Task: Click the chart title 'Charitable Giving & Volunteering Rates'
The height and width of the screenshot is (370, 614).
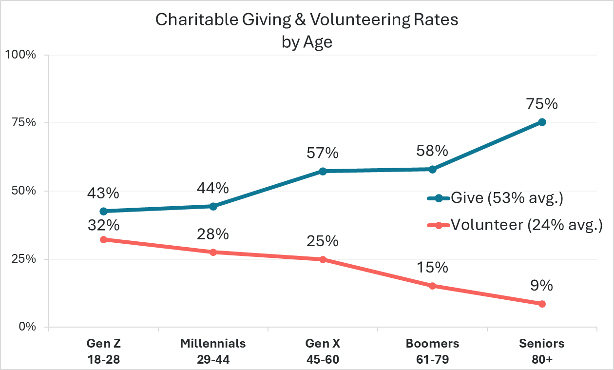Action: coord(307,20)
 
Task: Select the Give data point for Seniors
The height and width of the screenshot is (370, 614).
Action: coord(542,122)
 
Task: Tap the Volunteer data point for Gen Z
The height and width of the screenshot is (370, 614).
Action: coord(103,239)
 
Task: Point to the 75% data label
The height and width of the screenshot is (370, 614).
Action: coord(542,105)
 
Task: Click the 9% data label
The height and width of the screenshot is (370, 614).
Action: coord(542,286)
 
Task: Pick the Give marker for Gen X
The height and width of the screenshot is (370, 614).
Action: coord(323,171)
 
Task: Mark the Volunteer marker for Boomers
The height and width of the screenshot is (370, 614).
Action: coord(432,286)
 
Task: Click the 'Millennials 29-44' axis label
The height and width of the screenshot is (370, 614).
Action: coord(213,351)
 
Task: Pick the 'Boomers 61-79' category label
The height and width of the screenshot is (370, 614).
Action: coord(432,351)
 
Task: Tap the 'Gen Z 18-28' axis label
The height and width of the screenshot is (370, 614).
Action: coord(103,351)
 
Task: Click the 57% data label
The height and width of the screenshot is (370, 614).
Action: coord(323,154)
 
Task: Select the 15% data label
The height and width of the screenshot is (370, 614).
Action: coord(432,268)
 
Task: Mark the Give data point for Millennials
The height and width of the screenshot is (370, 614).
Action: coord(213,206)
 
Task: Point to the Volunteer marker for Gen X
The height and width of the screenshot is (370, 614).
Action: coord(323,259)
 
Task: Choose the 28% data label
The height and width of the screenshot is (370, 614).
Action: coord(213,234)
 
